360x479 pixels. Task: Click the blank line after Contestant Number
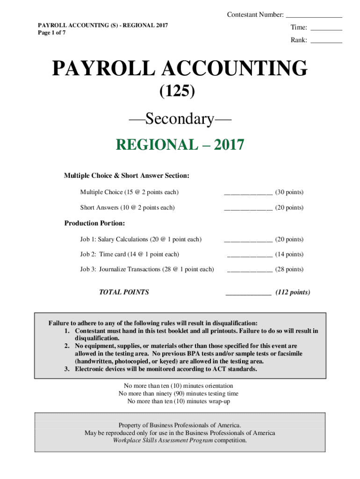tap(314, 16)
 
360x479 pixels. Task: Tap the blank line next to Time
tap(326, 29)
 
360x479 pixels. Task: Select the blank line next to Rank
tap(326, 42)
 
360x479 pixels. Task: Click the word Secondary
tap(180, 119)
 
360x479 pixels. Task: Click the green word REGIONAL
tap(157, 145)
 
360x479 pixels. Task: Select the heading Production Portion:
tap(94, 223)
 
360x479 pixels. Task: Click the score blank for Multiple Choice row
tap(248, 194)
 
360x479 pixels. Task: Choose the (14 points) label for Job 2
tap(289, 254)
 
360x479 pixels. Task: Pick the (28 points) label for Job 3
tap(289, 269)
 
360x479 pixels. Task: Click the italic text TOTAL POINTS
tap(124, 292)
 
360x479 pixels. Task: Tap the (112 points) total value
tap(292, 292)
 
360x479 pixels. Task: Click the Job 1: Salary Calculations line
tap(141, 239)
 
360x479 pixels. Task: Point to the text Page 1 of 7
tap(51, 33)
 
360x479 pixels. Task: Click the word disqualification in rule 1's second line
tap(97, 338)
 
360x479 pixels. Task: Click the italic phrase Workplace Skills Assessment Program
tap(163, 440)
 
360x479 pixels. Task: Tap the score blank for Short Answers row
tap(248, 209)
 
